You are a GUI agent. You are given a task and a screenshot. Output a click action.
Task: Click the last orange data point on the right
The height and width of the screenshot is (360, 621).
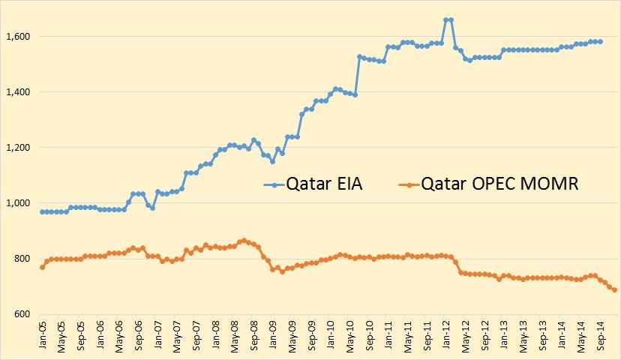pyautogui.click(x=615, y=289)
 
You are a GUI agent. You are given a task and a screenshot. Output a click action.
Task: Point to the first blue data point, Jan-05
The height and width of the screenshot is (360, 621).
pyautogui.click(x=42, y=211)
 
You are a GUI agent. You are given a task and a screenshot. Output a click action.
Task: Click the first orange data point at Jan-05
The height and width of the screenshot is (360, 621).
pyautogui.click(x=42, y=267)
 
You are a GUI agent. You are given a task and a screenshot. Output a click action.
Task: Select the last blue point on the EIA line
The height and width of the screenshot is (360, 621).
pyautogui.click(x=601, y=42)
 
